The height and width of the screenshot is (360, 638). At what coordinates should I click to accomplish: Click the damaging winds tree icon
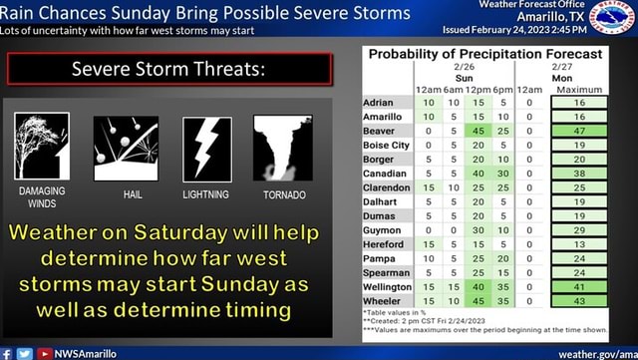(x=42, y=147)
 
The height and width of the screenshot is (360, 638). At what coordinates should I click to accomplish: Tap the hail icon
(x=127, y=147)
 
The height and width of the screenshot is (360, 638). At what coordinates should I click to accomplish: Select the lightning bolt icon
(x=207, y=148)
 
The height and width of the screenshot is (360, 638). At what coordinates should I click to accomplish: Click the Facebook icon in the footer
(x=7, y=353)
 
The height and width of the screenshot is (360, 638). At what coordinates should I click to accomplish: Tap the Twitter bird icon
(x=24, y=353)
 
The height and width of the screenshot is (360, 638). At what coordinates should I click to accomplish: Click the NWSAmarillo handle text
(x=85, y=353)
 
